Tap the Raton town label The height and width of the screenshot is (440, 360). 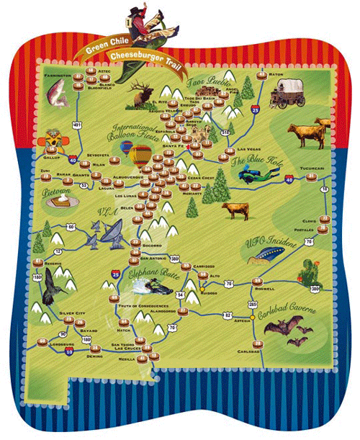point(276,75)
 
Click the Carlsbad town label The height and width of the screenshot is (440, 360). point(246,351)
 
